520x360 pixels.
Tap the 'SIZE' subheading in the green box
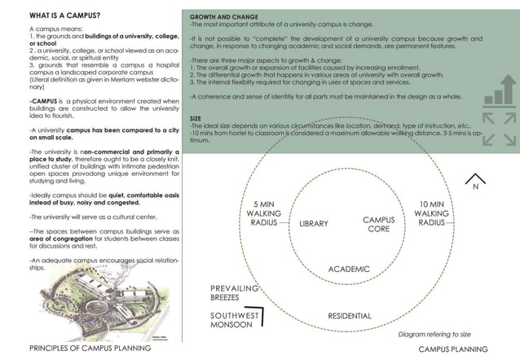[196, 118]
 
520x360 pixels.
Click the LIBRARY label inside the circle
[313, 222]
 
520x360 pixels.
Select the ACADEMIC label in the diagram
[349, 269]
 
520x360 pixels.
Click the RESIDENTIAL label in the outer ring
[350, 316]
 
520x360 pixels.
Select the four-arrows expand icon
[499, 129]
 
